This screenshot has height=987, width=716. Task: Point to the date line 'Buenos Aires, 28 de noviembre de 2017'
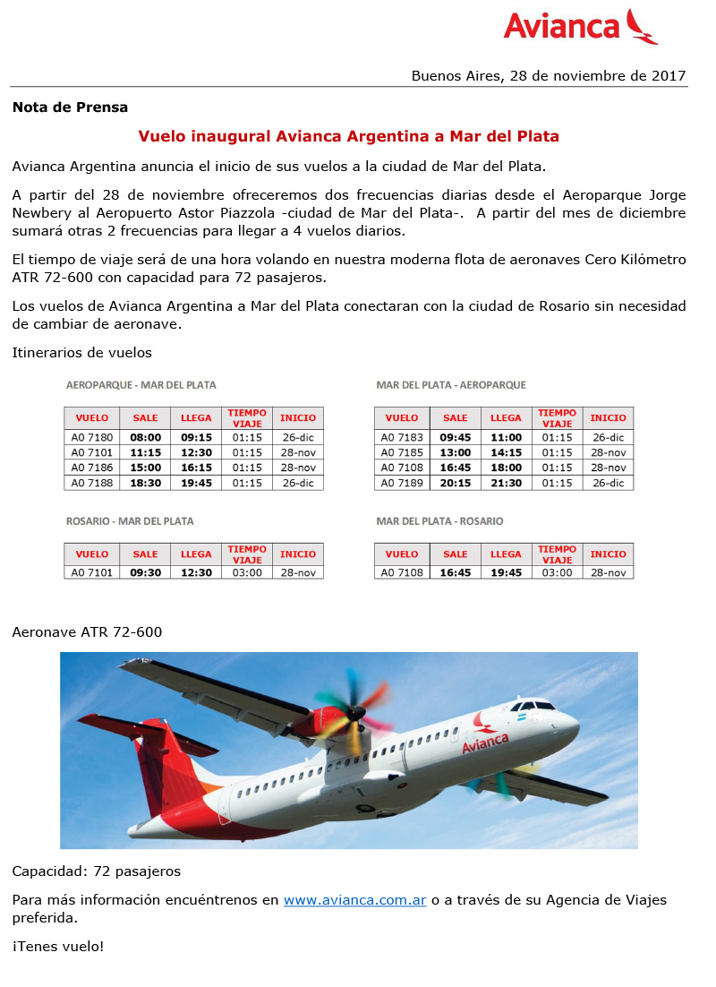pyautogui.click(x=549, y=76)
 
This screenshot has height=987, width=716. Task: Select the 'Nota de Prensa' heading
pyautogui.click(x=70, y=107)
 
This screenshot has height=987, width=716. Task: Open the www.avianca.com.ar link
pyautogui.click(x=354, y=900)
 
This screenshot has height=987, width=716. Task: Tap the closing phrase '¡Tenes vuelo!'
pyautogui.click(x=58, y=946)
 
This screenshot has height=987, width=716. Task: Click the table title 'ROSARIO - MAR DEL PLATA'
pyautogui.click(x=130, y=521)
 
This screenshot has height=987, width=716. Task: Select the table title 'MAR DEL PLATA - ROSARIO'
pyautogui.click(x=439, y=521)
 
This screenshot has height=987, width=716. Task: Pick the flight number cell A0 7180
pyautogui.click(x=92, y=438)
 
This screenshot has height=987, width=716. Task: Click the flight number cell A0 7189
pyautogui.click(x=402, y=483)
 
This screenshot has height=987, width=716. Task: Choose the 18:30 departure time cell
pyautogui.click(x=145, y=483)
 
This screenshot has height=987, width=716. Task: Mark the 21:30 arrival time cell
pyautogui.click(x=506, y=483)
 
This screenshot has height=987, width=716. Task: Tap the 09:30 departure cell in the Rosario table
pyautogui.click(x=145, y=572)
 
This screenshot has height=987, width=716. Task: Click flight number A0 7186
pyautogui.click(x=92, y=468)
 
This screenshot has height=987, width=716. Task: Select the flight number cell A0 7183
pyautogui.click(x=402, y=438)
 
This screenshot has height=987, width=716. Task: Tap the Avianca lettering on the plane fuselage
pyautogui.click(x=485, y=742)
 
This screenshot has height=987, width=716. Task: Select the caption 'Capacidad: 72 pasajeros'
pyautogui.click(x=97, y=871)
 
